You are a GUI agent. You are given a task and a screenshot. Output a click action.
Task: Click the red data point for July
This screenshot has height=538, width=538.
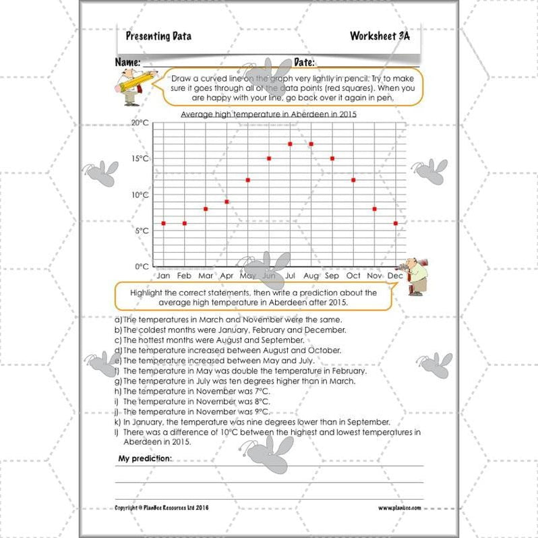point(290,144)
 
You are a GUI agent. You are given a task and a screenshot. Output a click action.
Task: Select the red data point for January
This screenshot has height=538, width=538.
point(164,223)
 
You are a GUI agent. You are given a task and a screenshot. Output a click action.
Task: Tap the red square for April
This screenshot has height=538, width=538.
point(227,202)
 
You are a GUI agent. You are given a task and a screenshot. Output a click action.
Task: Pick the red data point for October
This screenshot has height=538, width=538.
point(353,180)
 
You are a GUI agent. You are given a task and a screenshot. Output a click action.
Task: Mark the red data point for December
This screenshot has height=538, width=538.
point(395,223)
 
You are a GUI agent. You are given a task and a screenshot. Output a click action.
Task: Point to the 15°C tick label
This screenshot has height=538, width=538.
point(140,159)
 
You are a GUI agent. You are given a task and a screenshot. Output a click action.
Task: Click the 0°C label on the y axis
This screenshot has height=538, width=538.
point(142,266)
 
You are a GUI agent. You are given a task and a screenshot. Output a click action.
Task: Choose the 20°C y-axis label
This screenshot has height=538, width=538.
point(140,123)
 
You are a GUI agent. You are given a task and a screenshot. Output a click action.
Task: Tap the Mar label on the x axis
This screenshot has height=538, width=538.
point(206,276)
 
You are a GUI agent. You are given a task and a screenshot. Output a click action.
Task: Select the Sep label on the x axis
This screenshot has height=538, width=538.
point(332,276)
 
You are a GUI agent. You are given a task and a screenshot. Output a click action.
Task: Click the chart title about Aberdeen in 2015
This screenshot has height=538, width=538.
point(268,115)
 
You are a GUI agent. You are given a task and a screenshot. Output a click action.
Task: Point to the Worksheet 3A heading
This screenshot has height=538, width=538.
point(380,36)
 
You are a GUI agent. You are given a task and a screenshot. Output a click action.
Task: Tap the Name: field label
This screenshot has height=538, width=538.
point(127,62)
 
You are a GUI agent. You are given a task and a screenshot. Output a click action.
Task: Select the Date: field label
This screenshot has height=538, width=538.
point(304,62)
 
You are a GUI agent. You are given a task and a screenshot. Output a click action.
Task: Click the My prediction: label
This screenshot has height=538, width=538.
point(145,458)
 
